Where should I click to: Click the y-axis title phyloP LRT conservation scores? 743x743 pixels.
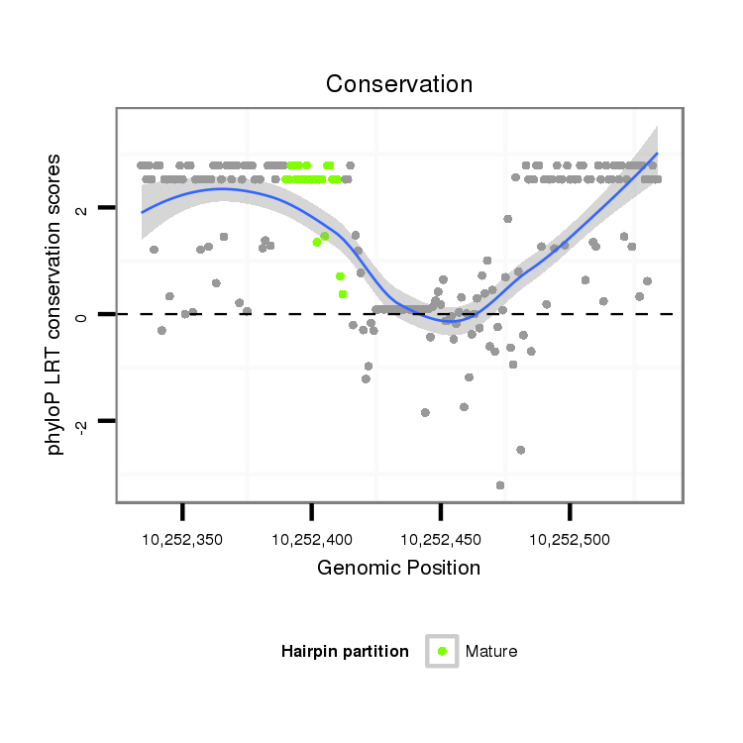tap(55, 304)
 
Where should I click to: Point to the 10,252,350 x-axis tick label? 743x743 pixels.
tap(182, 540)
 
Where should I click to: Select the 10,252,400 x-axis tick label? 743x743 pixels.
tap(311, 540)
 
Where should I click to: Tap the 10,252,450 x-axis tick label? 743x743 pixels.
tap(441, 540)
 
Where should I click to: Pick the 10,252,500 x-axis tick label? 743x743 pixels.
tap(570, 540)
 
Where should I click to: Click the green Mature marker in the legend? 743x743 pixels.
tap(442, 651)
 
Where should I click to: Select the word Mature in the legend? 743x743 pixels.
tap(491, 651)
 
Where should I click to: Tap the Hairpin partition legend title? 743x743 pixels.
tap(345, 651)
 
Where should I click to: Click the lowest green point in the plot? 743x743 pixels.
tap(343, 294)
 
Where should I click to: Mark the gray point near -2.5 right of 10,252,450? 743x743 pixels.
tap(520, 450)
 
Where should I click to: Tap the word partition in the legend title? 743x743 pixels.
tap(378, 651)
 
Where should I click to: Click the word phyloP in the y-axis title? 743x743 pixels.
tap(55, 427)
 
